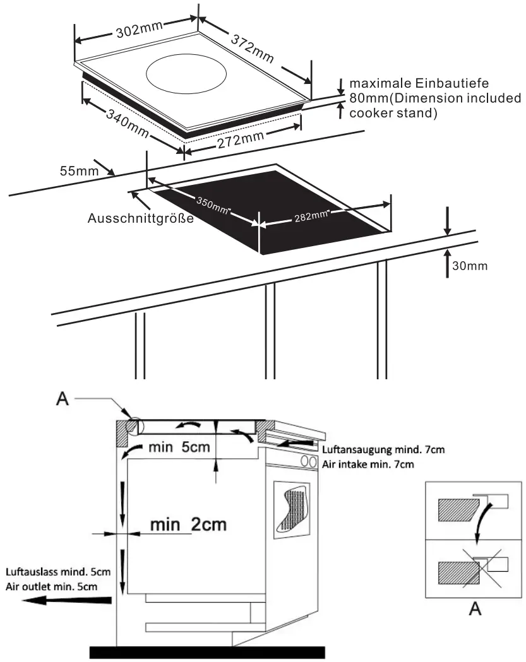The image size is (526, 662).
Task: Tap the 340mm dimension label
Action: [126, 123]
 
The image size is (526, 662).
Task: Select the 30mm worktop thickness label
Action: [470, 266]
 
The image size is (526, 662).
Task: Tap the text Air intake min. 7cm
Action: [368, 464]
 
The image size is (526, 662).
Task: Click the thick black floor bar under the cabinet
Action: [208, 652]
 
